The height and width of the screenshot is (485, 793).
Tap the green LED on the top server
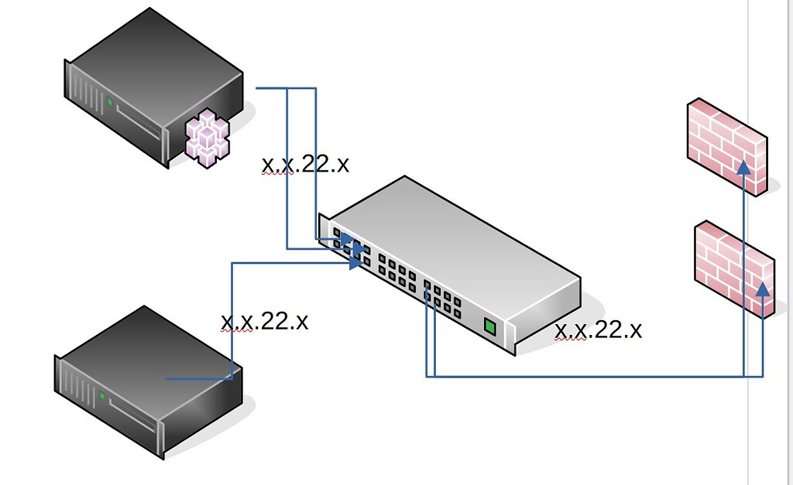(x=111, y=101)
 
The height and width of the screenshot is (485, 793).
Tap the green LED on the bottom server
(x=102, y=395)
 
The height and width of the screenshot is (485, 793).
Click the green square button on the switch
(x=489, y=326)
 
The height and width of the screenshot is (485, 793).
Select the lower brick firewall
(x=733, y=267)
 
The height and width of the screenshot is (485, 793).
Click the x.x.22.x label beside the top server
(x=305, y=164)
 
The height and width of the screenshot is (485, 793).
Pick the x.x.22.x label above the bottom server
(x=264, y=321)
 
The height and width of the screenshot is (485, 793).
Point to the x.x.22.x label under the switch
(x=599, y=330)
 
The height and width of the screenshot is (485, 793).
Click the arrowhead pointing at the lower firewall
(x=763, y=291)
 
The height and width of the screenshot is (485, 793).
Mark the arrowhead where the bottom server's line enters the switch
(x=356, y=263)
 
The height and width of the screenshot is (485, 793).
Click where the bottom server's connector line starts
(x=168, y=379)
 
